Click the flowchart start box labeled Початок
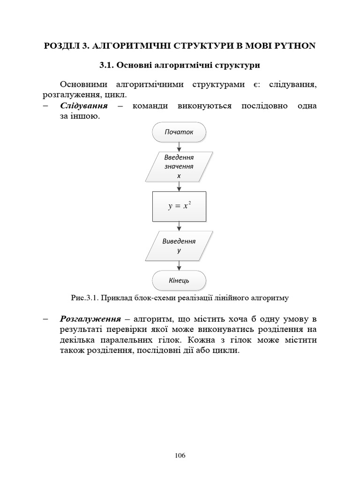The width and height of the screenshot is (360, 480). (179, 132)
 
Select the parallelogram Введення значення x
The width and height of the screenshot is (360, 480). (179, 167)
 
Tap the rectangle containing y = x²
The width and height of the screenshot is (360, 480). (179, 206)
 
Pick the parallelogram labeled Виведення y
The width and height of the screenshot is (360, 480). (179, 246)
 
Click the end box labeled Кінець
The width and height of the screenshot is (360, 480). (179, 280)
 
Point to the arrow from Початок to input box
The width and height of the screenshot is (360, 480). (179, 147)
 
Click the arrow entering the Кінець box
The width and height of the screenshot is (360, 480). (179, 267)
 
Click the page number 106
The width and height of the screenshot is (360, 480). (180, 456)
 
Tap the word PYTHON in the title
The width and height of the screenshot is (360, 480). (295, 46)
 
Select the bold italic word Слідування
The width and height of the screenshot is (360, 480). (84, 106)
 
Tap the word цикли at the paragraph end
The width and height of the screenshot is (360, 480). (228, 350)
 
